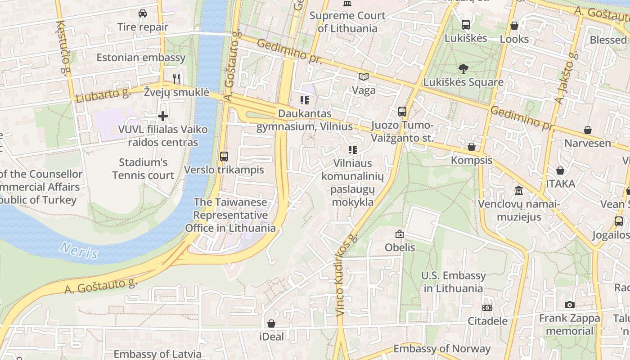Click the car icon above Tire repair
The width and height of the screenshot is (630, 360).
(143, 13)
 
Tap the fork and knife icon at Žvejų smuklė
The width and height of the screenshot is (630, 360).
(176, 79)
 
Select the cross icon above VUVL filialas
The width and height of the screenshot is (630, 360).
(163, 117)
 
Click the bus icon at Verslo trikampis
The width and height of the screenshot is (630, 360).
(224, 157)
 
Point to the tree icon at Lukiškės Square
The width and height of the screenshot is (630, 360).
(463, 69)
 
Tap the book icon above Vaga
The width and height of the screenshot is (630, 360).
(364, 77)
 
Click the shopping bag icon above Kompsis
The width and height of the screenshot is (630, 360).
(472, 147)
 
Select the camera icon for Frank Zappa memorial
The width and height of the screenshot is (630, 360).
(570, 305)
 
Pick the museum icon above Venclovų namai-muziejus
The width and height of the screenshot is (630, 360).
(519, 190)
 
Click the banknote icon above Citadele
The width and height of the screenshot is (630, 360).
(487, 308)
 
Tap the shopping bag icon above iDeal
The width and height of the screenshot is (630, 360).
(271, 323)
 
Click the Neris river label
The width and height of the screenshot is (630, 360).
(79, 250)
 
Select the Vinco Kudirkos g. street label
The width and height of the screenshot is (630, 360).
(346, 274)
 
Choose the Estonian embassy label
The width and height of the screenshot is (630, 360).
(141, 58)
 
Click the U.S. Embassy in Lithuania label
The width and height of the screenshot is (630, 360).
(454, 282)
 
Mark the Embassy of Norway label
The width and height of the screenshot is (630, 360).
(442, 349)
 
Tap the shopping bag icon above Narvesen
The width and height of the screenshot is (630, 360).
(588, 130)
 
